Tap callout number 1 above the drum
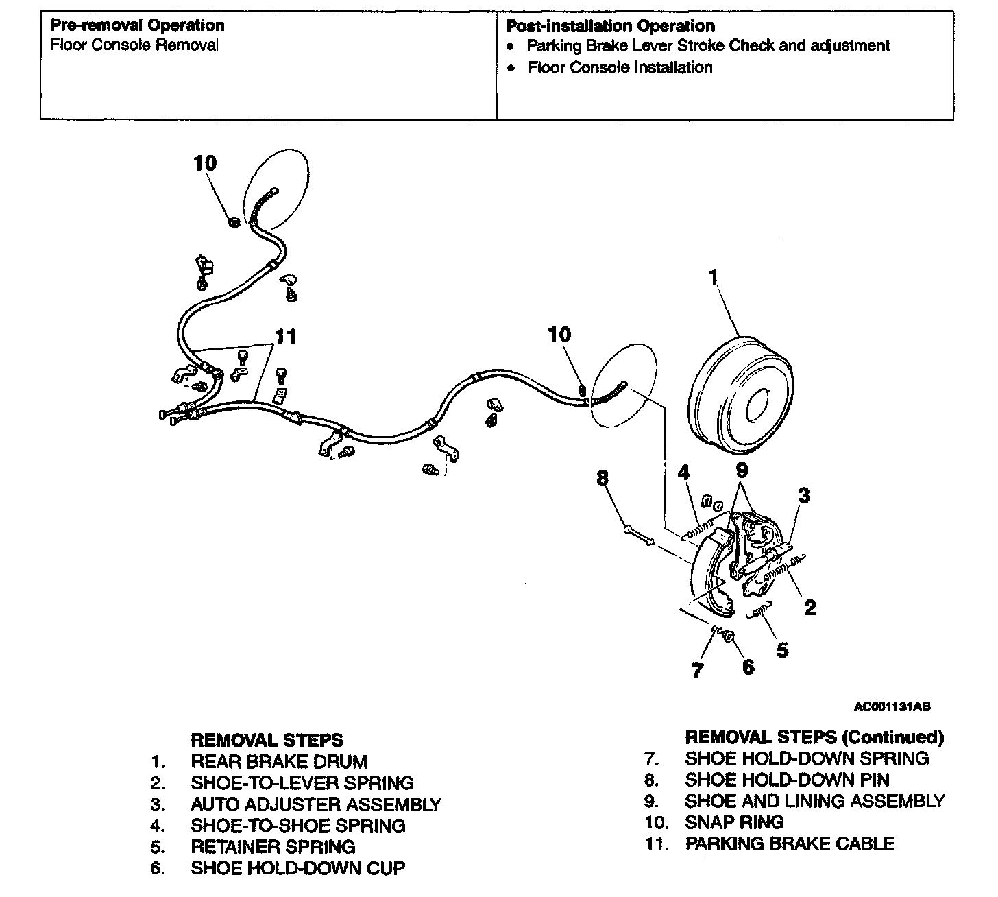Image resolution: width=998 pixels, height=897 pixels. pyautogui.click(x=713, y=277)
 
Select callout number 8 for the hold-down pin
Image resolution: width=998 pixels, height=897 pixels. pyautogui.click(x=603, y=479)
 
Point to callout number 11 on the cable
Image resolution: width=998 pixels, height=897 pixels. pyautogui.click(x=286, y=337)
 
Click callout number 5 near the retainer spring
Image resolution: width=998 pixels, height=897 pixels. pyautogui.click(x=782, y=649)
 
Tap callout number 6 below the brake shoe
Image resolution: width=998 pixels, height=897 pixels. pyautogui.click(x=748, y=666)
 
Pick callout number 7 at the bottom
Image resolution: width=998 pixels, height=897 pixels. pyautogui.click(x=698, y=670)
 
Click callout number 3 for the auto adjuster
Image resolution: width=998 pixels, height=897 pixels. pyautogui.click(x=804, y=494)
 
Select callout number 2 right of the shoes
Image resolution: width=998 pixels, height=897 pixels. pyautogui.click(x=810, y=608)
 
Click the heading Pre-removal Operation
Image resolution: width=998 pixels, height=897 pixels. pyautogui.click(x=137, y=25)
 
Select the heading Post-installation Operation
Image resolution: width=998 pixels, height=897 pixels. pyautogui.click(x=610, y=26)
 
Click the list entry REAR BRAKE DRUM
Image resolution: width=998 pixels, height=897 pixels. pyautogui.click(x=279, y=761)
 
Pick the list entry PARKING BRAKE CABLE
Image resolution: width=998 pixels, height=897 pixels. pyautogui.click(x=790, y=843)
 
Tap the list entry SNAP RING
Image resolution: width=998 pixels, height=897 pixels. pyautogui.click(x=734, y=822)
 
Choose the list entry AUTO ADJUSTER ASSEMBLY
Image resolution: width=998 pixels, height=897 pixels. pyautogui.click(x=316, y=804)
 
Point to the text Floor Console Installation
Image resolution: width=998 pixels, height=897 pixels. pyautogui.click(x=620, y=67)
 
